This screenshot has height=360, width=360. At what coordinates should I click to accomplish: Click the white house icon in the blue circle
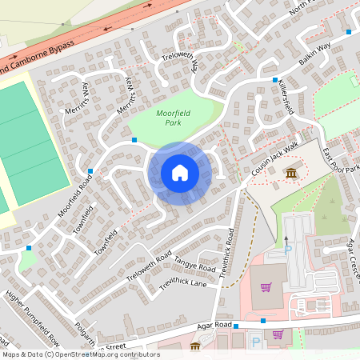[x=179, y=173]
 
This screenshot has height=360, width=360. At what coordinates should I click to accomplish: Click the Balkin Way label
[x=315, y=53]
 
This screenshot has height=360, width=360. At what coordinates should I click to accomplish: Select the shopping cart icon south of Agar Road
[x=278, y=335]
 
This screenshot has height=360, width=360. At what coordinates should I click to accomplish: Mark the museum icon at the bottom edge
[x=195, y=346]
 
